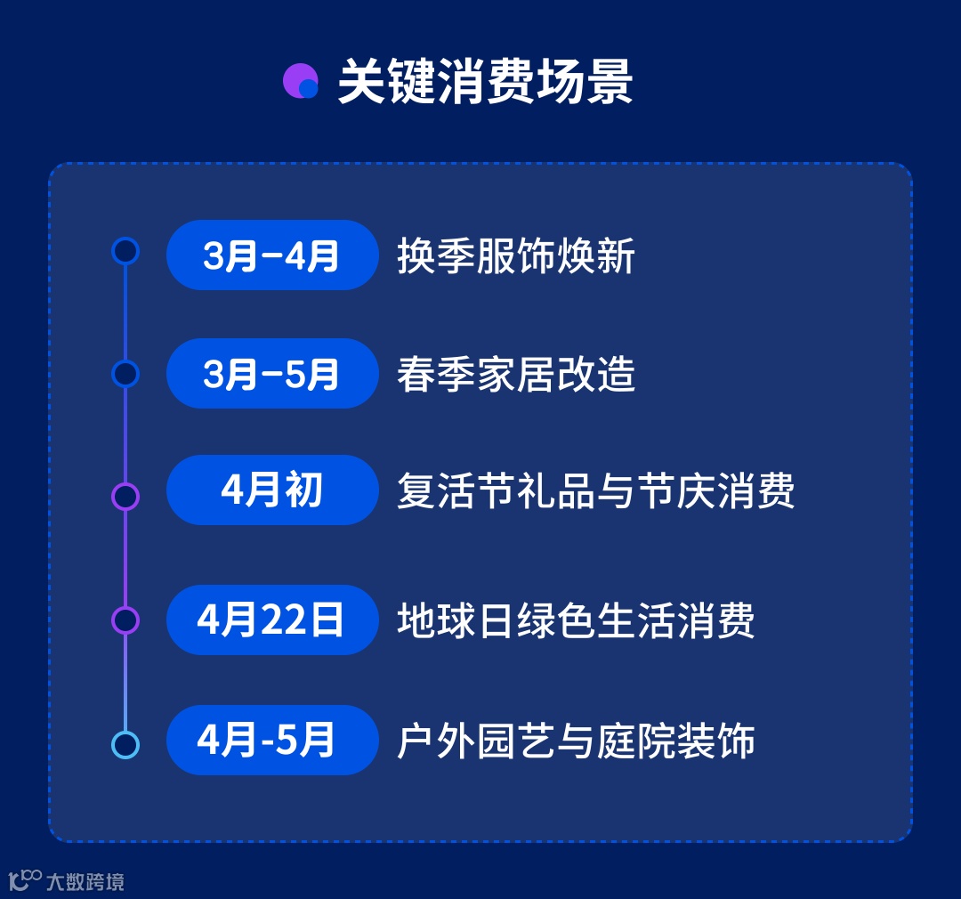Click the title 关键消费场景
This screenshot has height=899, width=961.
click(485, 84)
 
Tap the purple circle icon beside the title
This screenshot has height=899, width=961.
click(301, 82)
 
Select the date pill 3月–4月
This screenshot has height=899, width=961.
click(272, 255)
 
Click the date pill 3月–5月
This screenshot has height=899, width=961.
click(272, 374)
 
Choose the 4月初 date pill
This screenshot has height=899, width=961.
click(272, 490)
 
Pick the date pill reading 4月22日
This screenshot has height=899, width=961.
click(272, 620)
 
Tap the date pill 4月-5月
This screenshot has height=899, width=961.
click(272, 740)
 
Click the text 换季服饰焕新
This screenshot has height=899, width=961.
click(516, 256)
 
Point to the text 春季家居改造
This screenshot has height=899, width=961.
click(516, 375)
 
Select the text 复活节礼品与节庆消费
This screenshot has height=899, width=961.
click(595, 491)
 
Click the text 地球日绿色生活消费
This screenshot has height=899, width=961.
click(576, 620)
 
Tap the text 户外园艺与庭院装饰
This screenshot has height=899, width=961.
click(576, 741)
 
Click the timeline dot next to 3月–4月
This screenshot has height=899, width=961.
click(125, 251)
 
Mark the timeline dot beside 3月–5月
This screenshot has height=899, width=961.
click(125, 374)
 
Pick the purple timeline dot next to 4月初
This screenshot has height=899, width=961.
click(125, 496)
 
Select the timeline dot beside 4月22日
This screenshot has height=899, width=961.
click(125, 620)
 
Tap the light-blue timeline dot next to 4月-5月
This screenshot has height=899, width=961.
click(125, 744)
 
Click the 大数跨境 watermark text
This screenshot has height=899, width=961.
click(85, 881)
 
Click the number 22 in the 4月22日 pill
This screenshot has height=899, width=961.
click(283, 620)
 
